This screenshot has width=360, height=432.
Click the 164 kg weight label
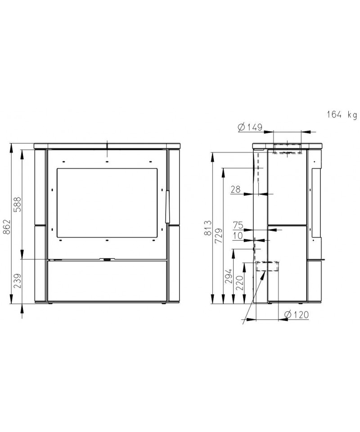point(342,114)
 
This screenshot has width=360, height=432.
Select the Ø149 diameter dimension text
point(250,127)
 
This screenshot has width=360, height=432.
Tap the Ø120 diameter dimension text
point(297,315)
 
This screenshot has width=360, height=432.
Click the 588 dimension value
point(18,204)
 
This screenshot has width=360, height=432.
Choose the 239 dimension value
point(18,280)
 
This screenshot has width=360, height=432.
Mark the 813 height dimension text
point(208,228)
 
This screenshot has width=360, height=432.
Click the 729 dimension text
point(218,235)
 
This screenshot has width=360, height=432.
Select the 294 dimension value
point(229,276)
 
